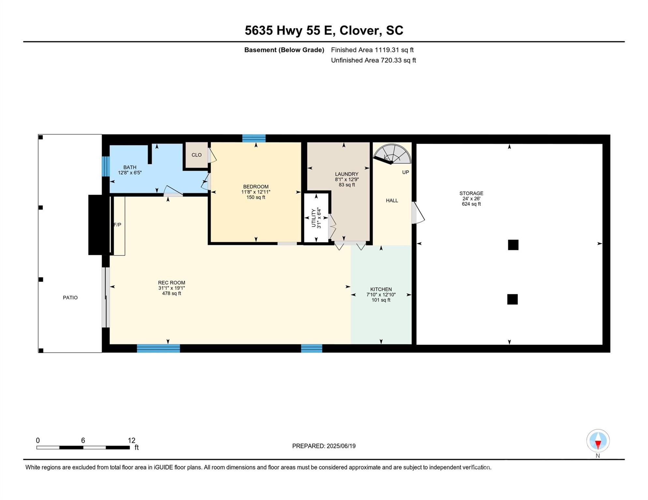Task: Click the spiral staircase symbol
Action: tap(392, 154)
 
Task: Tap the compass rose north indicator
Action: tap(598, 441)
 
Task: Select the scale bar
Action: tap(83, 448)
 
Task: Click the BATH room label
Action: tap(130, 167)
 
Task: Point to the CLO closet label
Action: tap(197, 155)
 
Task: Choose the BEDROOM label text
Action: tap(256, 187)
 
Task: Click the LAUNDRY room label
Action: tap(346, 174)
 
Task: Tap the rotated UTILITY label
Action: tap(314, 218)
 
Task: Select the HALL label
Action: tap(392, 201)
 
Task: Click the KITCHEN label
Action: tap(381, 289)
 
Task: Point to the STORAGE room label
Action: tap(471, 193)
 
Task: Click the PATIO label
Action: tap(70, 298)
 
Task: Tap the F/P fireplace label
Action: tap(117, 225)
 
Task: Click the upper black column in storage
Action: tap(513, 245)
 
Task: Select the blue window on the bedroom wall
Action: tap(254, 138)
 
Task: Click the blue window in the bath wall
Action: tap(106, 166)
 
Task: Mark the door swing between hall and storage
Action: tap(418, 213)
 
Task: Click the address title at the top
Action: tap(324, 31)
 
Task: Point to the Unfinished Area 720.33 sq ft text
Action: tap(374, 60)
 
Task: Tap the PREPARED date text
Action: tap(324, 446)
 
